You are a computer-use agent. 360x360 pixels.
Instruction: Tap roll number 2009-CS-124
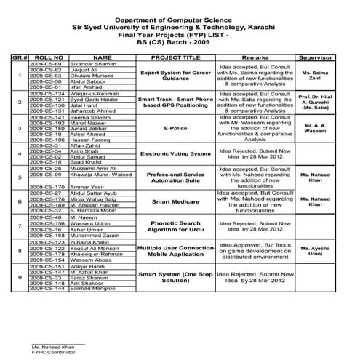(45, 94)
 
